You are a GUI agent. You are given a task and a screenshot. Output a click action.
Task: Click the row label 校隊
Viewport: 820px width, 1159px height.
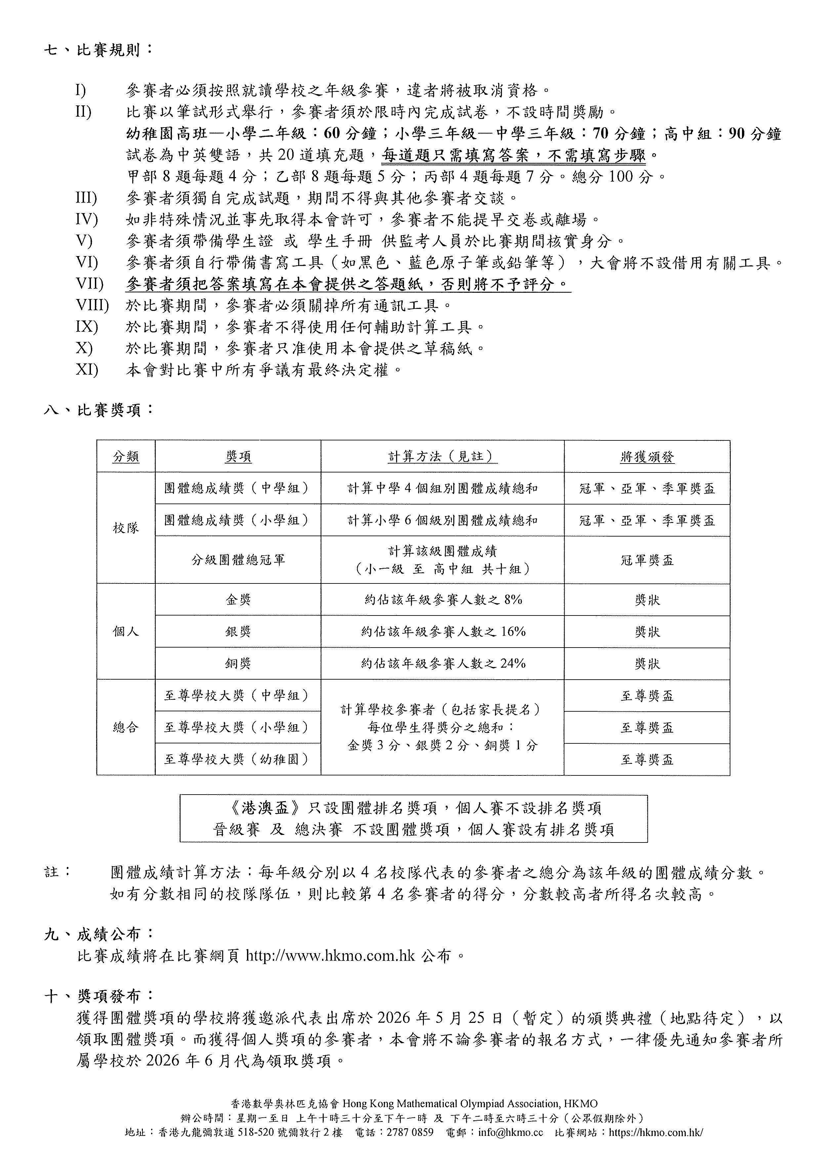click(126, 528)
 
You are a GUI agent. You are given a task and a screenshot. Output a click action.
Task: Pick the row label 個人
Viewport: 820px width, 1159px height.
click(126, 631)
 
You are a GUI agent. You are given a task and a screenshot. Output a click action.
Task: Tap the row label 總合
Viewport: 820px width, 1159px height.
click(126, 728)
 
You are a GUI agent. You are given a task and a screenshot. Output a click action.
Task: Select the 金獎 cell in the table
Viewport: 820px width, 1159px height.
click(238, 600)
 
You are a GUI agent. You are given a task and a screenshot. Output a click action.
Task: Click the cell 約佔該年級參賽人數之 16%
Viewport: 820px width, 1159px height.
click(443, 631)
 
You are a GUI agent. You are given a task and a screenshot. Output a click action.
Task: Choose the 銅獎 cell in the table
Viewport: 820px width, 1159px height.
click(238, 663)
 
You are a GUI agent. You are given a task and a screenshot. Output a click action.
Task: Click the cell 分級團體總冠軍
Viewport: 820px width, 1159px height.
click(238, 560)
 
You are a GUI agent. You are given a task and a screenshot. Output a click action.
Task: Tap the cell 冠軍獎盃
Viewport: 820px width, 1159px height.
click(647, 560)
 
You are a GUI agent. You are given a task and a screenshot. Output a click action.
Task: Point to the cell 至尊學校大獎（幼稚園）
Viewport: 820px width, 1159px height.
click(236, 759)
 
